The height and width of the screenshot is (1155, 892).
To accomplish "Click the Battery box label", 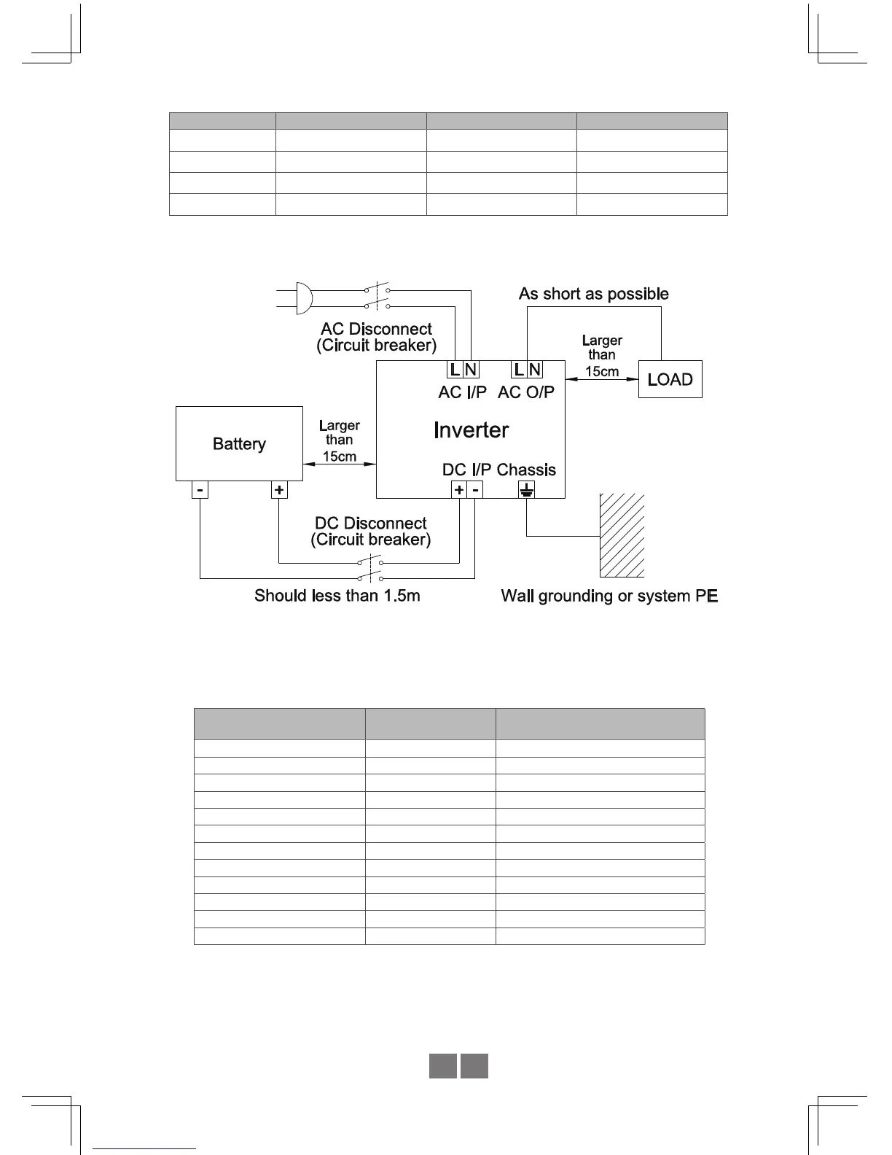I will point(239,444).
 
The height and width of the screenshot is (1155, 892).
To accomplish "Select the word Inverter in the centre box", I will point(471,430).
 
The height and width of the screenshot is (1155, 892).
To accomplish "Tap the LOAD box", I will point(670,379).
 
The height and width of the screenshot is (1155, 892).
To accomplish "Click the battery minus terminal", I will point(200,490).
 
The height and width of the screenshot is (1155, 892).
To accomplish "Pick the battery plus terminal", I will point(279,490).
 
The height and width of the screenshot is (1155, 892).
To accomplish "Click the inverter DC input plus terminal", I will point(459,490).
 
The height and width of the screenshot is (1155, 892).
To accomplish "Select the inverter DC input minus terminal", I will point(475,490).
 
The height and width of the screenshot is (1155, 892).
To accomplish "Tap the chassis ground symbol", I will point(527,490).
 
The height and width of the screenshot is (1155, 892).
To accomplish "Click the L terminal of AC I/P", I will point(455,370).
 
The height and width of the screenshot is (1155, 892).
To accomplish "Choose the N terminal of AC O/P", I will point(535,370).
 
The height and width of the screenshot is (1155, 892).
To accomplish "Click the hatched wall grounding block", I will point(622,535).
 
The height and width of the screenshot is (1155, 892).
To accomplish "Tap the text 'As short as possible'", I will point(593,294).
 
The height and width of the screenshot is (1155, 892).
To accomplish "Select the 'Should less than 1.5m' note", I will point(337,596).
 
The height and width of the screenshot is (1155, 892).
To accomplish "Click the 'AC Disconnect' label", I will point(376,329).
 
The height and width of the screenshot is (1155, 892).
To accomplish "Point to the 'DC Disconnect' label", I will point(370,524).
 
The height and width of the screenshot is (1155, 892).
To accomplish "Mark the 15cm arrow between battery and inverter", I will point(340,464).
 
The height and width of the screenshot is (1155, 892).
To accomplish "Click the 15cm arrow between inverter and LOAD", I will point(602,379).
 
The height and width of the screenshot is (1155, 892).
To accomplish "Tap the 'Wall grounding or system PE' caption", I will point(609,596).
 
